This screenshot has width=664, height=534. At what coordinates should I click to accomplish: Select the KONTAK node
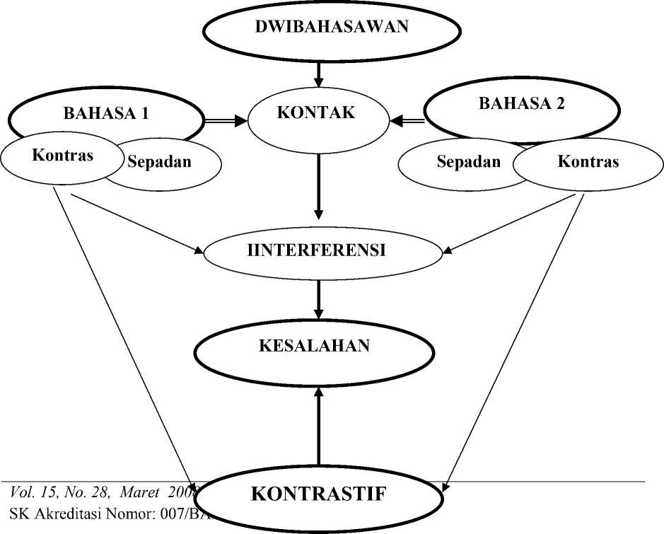pyautogui.click(x=318, y=113)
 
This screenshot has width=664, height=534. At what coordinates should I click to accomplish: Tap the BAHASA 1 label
pyautogui.click(x=105, y=114)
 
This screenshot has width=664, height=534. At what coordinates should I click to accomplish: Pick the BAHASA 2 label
pyautogui.click(x=522, y=104)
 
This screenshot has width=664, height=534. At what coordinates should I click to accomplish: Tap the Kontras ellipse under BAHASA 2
pyautogui.click(x=588, y=162)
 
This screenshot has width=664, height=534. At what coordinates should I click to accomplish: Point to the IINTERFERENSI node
pyautogui.click(x=322, y=250)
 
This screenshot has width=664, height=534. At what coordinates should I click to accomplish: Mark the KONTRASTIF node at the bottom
pyautogui.click(x=318, y=494)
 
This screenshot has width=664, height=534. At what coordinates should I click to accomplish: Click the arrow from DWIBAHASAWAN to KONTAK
pyautogui.click(x=318, y=73)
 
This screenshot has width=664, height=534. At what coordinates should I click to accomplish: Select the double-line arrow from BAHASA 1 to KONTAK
pyautogui.click(x=225, y=122)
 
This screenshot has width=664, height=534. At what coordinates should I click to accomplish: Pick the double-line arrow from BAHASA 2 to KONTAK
pyautogui.click(x=408, y=121)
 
